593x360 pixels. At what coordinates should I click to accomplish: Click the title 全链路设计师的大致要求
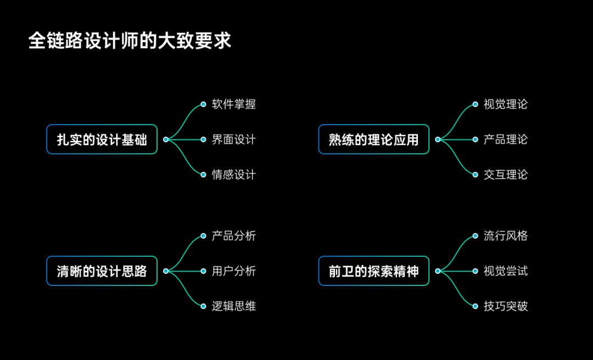pos(130,41)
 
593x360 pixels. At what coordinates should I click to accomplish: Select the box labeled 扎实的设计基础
pos(102,139)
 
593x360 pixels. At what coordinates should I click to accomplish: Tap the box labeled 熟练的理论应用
pos(373,139)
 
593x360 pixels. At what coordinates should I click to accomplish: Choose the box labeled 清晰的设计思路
pos(102,271)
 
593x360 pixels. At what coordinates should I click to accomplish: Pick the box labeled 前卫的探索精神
pos(373,271)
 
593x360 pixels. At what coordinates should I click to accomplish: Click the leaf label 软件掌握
pos(234,104)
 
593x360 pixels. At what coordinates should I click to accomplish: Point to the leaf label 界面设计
pos(234,139)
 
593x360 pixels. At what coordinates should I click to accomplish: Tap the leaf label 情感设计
pos(234,175)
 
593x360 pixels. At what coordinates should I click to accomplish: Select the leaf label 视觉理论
pos(506,104)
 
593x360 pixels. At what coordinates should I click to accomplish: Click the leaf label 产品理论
pos(506,139)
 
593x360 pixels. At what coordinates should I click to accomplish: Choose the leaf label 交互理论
pos(506,175)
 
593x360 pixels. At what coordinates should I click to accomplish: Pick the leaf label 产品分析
pos(234,236)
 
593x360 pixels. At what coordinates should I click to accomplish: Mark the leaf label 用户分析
pos(234,271)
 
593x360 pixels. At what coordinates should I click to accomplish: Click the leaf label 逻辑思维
pos(234,306)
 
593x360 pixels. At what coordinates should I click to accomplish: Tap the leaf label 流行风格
pos(506,236)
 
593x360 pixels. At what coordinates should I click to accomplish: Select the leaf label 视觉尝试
pos(506,271)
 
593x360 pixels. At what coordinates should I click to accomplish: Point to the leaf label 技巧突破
pos(506,306)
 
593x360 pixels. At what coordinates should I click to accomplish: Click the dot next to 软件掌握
pos(203,104)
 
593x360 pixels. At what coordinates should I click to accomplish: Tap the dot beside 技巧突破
pos(475,306)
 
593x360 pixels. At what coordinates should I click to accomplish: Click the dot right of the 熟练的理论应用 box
pos(438,139)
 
